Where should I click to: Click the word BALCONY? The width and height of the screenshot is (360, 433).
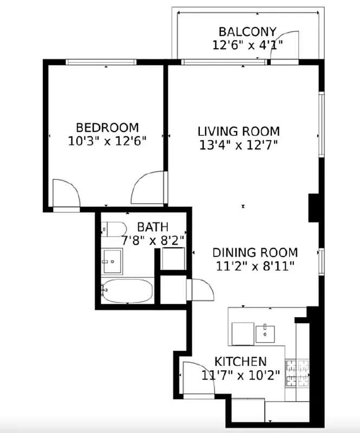point(247,31)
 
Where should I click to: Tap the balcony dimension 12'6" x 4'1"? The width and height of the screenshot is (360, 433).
point(247,44)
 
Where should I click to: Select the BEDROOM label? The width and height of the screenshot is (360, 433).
point(107,128)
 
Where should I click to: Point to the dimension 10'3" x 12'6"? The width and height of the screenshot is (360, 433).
point(107,141)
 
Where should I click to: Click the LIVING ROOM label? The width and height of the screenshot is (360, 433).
point(238,132)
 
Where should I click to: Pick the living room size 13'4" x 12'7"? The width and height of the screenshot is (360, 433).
point(238,145)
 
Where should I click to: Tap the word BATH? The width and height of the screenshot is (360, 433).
point(152,227)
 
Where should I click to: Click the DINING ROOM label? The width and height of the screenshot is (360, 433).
point(254,253)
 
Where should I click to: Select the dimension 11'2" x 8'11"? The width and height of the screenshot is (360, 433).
point(254,266)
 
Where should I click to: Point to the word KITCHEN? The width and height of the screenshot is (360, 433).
point(240,362)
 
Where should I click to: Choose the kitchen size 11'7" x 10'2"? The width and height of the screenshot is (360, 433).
point(240,375)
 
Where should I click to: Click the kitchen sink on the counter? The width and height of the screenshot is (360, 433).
point(265,333)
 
